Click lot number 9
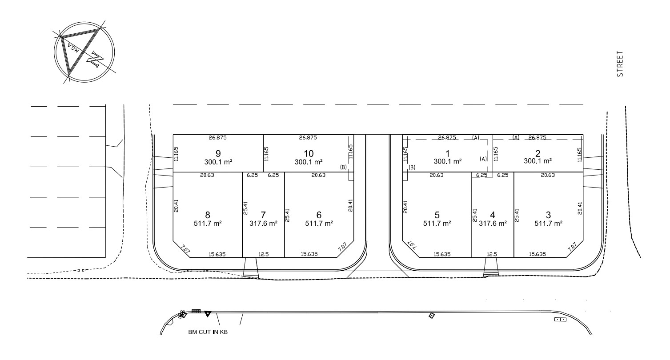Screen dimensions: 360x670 218,153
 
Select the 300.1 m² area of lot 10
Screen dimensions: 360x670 308,162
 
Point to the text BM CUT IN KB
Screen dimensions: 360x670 208,332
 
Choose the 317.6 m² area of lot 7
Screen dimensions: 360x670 263,224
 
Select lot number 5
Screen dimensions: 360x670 436,215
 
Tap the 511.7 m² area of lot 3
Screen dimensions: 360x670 548,224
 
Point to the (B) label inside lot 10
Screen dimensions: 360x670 343,168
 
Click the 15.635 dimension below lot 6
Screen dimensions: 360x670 309,254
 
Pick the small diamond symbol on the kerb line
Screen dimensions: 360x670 431,316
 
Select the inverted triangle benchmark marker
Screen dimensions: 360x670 207,314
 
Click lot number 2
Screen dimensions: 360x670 538,153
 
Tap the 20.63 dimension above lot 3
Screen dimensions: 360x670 548,176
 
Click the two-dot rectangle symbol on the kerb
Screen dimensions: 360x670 560,320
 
